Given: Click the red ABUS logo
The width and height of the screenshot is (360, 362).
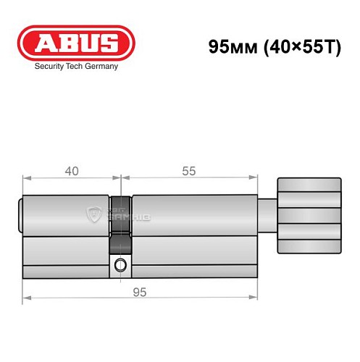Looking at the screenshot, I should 76,43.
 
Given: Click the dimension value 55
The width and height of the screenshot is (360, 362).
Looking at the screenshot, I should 189,171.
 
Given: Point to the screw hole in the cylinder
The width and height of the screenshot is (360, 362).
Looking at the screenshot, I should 120,264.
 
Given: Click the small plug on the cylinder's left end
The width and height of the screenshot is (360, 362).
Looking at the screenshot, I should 21,215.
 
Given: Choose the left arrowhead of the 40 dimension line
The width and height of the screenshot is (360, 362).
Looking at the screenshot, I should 25,177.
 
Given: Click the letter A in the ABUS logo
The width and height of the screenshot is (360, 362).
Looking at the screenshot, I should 42,43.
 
